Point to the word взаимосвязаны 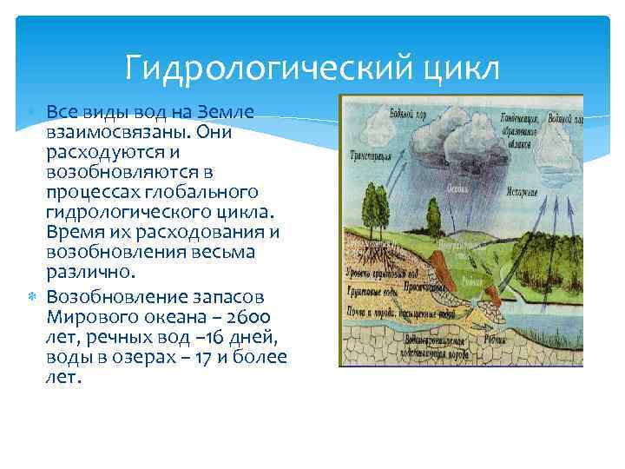(x=116, y=132)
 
